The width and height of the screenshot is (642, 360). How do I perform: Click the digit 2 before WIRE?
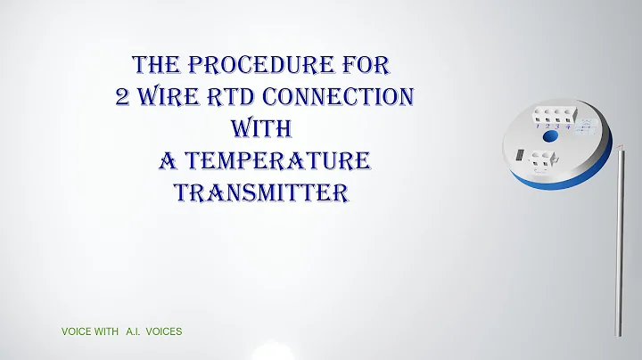click(x=124, y=97)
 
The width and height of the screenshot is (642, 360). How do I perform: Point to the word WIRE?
click(x=174, y=97)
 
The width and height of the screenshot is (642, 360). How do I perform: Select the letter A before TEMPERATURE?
click(x=167, y=161)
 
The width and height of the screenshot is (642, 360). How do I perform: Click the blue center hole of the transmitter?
click(x=550, y=138)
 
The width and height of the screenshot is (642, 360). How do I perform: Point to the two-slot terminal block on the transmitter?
click(x=542, y=161)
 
